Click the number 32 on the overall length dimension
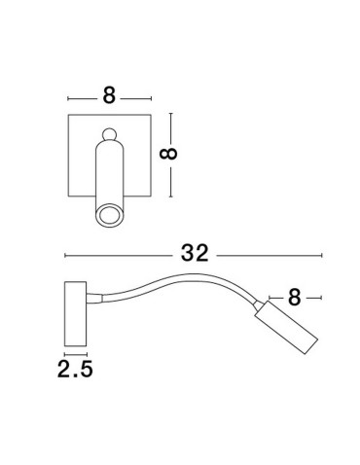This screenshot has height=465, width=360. pyautogui.click(x=195, y=255)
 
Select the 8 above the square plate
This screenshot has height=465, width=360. pyautogui.click(x=109, y=96)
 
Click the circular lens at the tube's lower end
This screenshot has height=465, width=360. pyautogui.click(x=109, y=214)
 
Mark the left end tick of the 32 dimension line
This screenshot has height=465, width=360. pyautogui.click(x=64, y=255)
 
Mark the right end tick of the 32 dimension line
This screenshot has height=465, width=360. pyautogui.click(x=322, y=255)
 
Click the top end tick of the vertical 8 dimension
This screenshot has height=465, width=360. pyautogui.click(x=171, y=114)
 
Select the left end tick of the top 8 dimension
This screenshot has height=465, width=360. pyautogui.click(x=67, y=97)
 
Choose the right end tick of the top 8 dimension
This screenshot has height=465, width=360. pyautogui.click(x=152, y=97)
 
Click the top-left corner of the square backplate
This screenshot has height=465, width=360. pyautogui.click(x=67, y=115)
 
